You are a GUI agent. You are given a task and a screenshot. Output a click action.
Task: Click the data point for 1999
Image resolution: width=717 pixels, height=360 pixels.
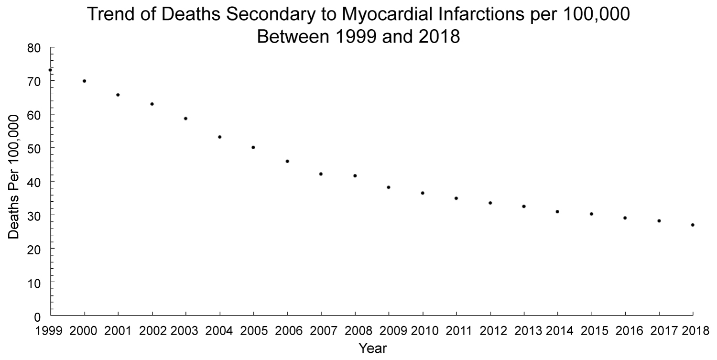coord(50,70)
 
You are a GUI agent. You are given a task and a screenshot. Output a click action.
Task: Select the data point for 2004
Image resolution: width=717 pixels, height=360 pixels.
coord(219,137)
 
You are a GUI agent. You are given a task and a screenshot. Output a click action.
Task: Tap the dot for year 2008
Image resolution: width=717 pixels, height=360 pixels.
coord(355,176)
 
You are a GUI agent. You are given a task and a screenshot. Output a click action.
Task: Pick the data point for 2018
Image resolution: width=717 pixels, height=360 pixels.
coord(693,225)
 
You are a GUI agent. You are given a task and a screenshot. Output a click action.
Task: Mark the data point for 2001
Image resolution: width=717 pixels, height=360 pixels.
coord(118,95)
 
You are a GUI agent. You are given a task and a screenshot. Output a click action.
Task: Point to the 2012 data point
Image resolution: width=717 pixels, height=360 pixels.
coord(490,203)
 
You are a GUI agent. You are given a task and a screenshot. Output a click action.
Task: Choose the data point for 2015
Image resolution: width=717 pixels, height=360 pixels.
coord(591,214)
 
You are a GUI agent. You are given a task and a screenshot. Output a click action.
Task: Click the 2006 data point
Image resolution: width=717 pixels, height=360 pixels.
coord(287,161)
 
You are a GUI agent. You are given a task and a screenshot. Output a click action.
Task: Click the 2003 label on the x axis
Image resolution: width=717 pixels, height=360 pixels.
coord(185,330)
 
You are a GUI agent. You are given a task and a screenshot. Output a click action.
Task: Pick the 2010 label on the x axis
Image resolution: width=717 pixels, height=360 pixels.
coord(423,330)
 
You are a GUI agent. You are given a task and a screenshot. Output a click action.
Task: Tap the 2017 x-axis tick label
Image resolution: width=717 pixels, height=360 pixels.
coord(659,330)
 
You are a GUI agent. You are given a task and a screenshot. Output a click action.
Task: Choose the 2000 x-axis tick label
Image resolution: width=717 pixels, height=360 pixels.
coord(84,330)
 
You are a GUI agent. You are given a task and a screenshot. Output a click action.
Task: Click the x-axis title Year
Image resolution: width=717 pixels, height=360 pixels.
coord(372,349)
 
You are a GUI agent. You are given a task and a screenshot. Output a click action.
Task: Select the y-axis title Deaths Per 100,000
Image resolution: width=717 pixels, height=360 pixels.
coord(14,177)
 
